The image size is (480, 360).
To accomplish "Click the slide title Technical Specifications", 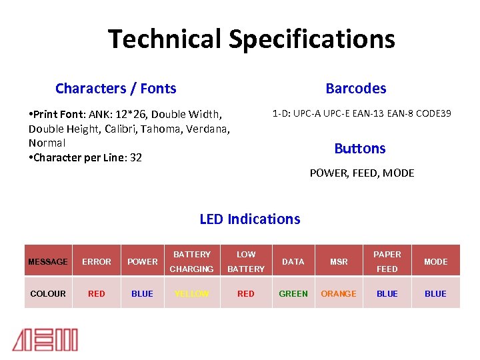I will coord(251,39).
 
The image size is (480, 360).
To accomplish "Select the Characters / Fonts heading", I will coord(115,89).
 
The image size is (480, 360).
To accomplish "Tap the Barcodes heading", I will coord(355,89).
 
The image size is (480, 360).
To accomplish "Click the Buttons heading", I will coord(359,148).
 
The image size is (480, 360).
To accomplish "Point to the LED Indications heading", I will coord(249,219).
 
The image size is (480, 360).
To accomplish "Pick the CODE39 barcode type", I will coord(434,113).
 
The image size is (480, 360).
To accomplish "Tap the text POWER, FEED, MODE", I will coord(361,173).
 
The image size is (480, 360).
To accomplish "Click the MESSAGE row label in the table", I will coord(47,262).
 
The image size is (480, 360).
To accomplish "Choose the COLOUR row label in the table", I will coord(47,293).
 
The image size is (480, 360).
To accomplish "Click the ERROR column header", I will coord(97,262).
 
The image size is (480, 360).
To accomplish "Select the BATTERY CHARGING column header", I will coord(191,262).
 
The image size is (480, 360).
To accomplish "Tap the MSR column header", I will coord(339,262).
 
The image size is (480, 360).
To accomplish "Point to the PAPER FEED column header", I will coord(387,262).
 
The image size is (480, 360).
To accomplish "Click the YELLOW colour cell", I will coord(191,293).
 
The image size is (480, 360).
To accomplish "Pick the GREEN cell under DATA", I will coord(293,293).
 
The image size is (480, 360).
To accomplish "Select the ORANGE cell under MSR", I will coord(339,293).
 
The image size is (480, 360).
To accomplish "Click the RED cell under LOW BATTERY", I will coord(246,293).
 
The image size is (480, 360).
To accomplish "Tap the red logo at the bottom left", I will coord(45,339).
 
